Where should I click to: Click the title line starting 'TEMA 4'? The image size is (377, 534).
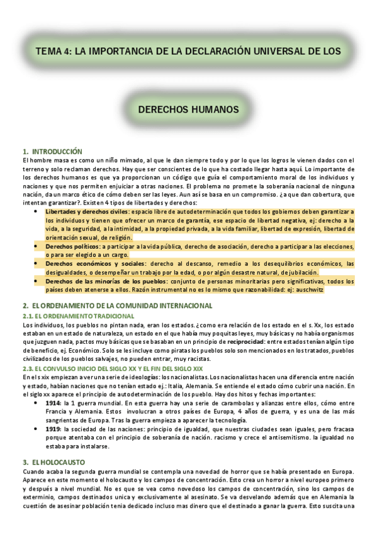point(188,50)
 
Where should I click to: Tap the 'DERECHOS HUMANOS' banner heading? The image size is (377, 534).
point(188,110)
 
